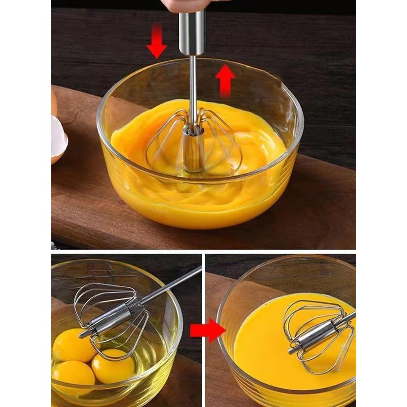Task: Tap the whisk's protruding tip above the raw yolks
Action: (x=83, y=335)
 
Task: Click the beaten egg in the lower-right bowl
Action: (x=260, y=338)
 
